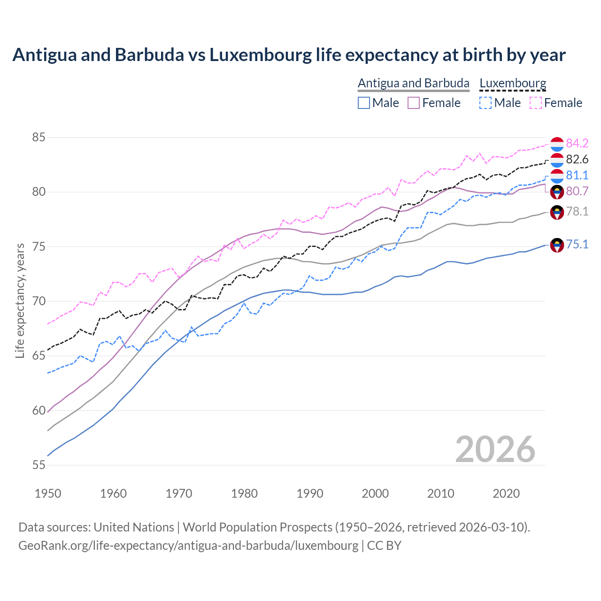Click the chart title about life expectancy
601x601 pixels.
pos(289,55)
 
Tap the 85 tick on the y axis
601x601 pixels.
pos(39,138)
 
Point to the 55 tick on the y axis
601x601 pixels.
pos(39,465)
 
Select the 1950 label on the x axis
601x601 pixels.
pos(48,493)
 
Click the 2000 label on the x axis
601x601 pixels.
pos(375,493)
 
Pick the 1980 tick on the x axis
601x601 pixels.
pos(244,493)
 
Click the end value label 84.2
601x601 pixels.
pos(577,143)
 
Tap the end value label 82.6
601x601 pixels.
pos(577,159)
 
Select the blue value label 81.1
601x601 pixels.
pos(577,175)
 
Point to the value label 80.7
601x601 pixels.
pos(577,191)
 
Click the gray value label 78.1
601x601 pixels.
pos(577,211)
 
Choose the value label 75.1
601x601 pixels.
pos(577,244)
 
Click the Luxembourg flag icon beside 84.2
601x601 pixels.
pos(557,145)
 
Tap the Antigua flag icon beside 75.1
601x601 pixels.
pos(557,245)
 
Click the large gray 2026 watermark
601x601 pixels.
pos(495,449)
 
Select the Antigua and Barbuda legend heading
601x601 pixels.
pos(413,83)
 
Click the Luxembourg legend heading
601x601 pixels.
pos(513,83)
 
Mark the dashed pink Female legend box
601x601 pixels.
pos(536,103)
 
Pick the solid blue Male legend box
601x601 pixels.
pos(364,103)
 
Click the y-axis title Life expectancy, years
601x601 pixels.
pos(20,300)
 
